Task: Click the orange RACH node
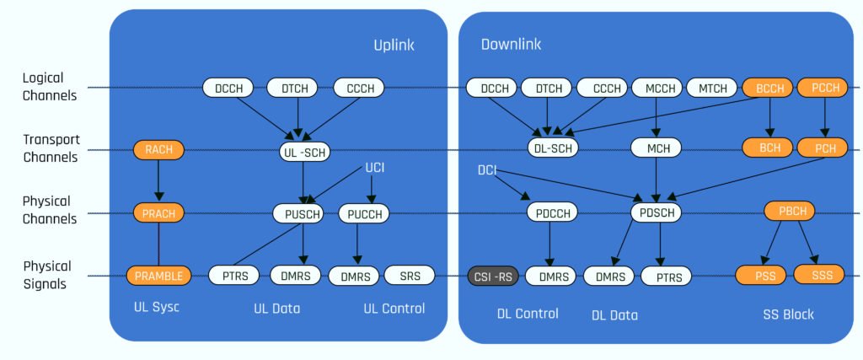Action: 158,151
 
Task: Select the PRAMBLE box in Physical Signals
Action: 158,275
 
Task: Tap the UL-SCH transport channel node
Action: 304,152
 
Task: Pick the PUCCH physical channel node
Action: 365,214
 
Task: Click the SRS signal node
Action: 410,275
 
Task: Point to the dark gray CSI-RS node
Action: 491,276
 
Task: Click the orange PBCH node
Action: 790,211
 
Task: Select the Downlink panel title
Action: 511,44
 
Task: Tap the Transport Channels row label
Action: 50,148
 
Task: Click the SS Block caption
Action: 786,314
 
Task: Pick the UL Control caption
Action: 394,309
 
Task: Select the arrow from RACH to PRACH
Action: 158,181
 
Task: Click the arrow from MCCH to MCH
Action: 656,117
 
